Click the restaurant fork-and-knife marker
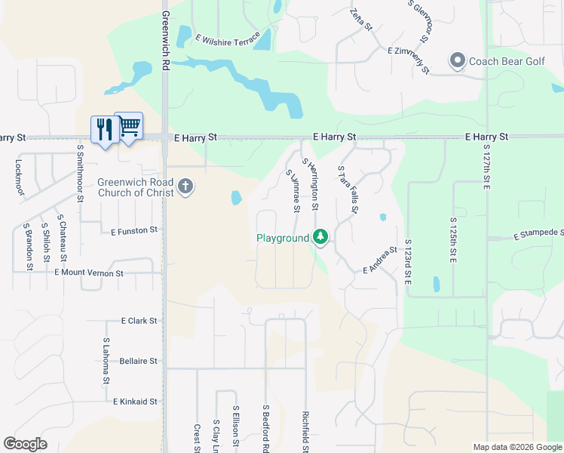(104, 129)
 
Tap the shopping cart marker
(129, 126)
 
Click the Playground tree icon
(320, 238)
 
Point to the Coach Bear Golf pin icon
(456, 60)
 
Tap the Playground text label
(283, 238)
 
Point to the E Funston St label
(135, 230)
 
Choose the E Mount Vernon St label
(89, 273)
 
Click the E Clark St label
(139, 321)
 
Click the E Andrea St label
(380, 260)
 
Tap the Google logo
(25, 444)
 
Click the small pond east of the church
(236, 199)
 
